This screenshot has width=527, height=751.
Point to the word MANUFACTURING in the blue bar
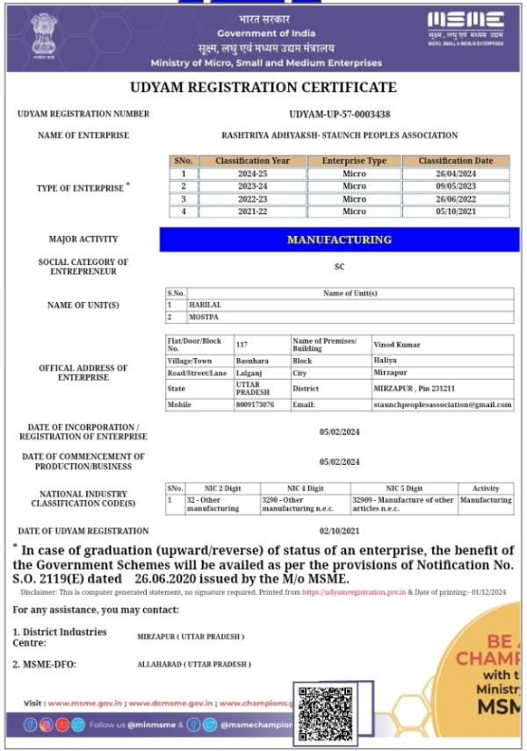[339, 240]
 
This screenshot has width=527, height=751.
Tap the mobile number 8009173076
[255, 404]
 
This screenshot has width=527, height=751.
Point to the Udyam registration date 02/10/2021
[339, 531]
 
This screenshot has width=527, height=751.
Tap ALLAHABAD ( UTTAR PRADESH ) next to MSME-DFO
[193, 665]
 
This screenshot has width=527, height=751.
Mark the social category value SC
[340, 266]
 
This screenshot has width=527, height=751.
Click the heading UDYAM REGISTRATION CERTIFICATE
[263, 88]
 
